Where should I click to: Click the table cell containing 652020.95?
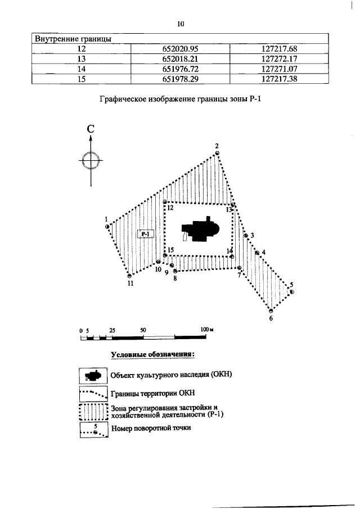click(x=180, y=49)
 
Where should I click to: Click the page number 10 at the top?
click(x=180, y=24)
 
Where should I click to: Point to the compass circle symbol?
click(x=91, y=161)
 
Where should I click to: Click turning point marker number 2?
click(x=217, y=152)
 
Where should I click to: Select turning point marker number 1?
click(x=107, y=227)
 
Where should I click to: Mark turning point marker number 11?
click(x=129, y=276)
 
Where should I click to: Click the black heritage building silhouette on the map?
click(x=200, y=230)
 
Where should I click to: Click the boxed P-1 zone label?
click(x=147, y=234)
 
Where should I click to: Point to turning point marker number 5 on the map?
click(x=291, y=291)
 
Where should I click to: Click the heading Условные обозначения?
click(x=153, y=355)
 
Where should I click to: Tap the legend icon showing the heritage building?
click(x=93, y=376)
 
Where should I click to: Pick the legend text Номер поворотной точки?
click(x=151, y=428)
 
